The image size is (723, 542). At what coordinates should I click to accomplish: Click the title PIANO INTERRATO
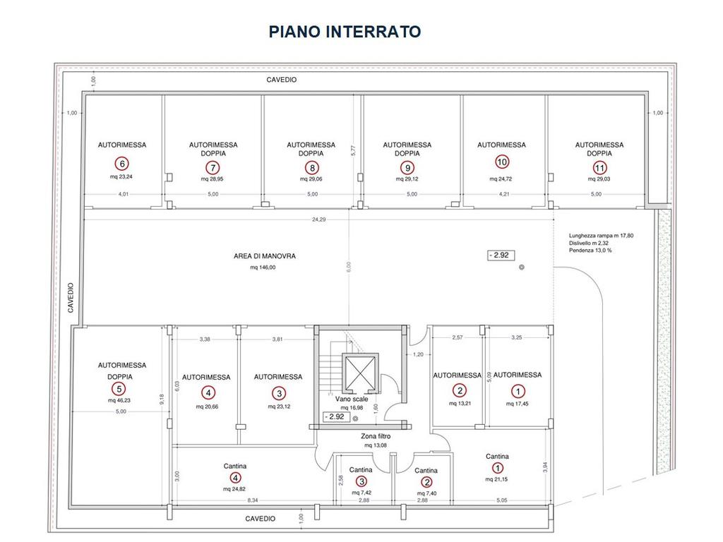[345, 32]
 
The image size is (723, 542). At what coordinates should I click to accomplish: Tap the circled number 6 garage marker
[121, 164]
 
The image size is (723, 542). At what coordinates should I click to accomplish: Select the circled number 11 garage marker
[599, 168]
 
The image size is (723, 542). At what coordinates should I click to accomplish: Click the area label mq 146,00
[263, 267]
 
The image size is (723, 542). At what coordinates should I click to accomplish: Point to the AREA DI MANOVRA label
[265, 256]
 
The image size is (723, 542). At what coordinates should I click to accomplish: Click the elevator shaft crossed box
[360, 373]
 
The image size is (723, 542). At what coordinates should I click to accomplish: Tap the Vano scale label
[352, 399]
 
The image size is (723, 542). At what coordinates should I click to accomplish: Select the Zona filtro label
[376, 436]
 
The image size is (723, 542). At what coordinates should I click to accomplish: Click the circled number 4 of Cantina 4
[235, 478]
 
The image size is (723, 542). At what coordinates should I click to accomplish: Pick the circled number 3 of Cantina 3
[361, 481]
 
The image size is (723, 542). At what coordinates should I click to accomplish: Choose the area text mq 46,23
[119, 401]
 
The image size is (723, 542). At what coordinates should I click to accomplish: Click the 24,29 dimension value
[318, 219]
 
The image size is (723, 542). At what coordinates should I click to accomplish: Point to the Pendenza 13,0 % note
[590, 251]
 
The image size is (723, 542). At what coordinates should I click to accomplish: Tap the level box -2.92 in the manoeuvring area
[501, 255]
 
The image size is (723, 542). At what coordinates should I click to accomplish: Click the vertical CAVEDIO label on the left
[71, 298]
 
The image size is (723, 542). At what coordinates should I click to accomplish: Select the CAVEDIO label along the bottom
[260, 519]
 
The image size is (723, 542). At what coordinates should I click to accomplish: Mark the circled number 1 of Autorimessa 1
[518, 391]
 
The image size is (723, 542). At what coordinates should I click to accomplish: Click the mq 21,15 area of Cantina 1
[496, 479]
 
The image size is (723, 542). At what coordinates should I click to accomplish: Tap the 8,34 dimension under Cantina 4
[253, 500]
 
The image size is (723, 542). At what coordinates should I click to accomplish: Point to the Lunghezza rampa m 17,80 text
[602, 236]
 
